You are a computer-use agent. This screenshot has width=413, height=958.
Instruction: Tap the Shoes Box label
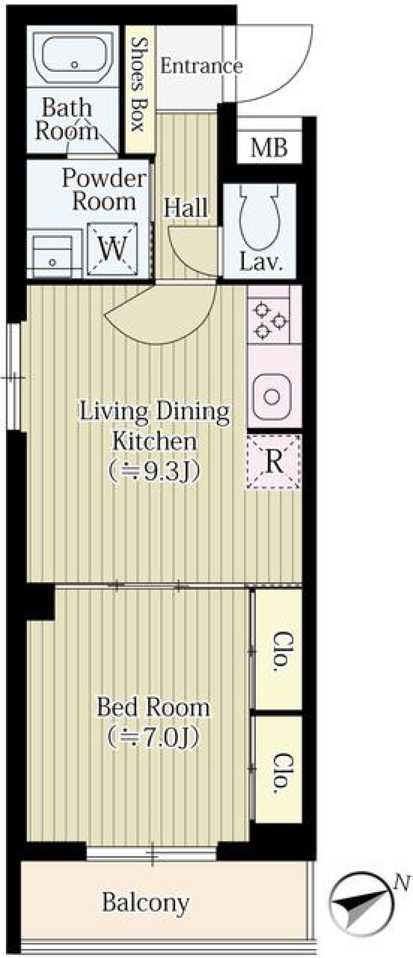coord(138,84)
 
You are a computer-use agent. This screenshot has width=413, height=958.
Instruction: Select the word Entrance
coord(201,66)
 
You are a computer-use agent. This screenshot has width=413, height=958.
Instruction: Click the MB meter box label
coord(269,148)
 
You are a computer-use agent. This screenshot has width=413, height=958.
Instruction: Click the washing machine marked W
coord(113,249)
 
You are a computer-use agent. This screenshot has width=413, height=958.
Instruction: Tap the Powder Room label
coord(104,190)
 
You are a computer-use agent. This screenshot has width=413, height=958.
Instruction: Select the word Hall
coord(186,208)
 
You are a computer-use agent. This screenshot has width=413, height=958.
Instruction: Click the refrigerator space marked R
coord(273,462)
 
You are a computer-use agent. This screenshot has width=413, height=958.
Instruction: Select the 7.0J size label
coord(154,736)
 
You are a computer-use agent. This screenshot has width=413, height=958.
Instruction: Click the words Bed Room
coord(153,707)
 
